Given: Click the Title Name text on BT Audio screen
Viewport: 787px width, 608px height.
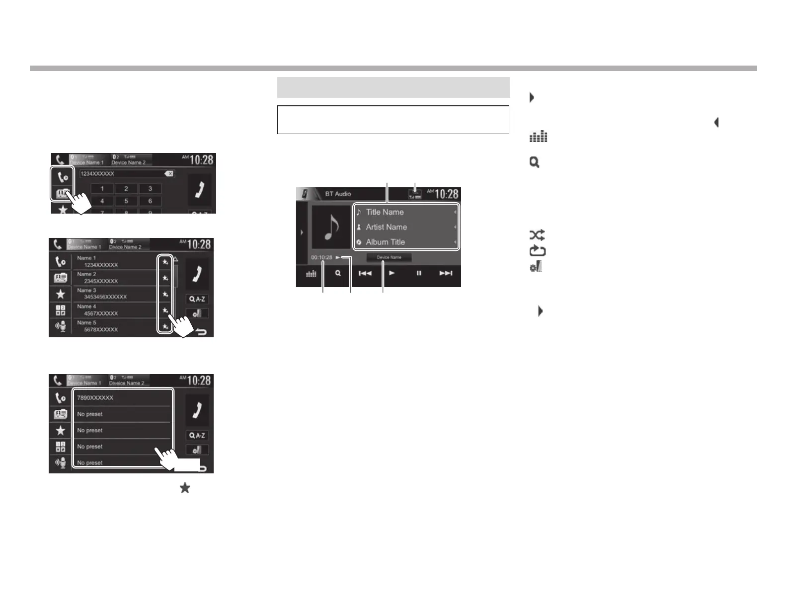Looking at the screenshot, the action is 385,212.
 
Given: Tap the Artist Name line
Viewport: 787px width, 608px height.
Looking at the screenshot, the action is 386,227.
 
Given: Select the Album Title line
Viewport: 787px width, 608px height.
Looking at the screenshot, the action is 385,242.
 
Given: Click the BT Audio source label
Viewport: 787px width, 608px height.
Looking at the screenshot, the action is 338,194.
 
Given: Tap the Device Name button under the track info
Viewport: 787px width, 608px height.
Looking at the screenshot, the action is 389,257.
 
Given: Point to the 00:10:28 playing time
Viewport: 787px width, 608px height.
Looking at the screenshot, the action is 321,257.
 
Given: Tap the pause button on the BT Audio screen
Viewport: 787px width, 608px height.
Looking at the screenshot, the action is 419,273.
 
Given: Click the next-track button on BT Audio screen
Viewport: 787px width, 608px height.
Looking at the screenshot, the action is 446,273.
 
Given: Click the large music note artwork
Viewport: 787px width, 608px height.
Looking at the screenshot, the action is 331,227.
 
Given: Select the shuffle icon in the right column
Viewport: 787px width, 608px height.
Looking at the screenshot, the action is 537,235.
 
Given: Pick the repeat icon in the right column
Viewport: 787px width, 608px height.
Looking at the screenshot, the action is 537,251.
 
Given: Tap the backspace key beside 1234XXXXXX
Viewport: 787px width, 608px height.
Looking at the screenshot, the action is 169,174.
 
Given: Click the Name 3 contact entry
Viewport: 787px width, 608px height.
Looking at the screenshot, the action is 86,290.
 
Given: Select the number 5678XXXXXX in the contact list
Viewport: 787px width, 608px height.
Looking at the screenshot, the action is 101,329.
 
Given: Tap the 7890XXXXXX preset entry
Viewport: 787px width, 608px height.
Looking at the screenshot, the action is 95,398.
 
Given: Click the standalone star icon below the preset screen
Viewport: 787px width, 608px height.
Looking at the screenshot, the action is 185,488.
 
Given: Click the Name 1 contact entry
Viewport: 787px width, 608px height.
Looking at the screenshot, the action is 86,258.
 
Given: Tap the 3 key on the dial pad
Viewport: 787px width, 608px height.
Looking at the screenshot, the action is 150,189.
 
